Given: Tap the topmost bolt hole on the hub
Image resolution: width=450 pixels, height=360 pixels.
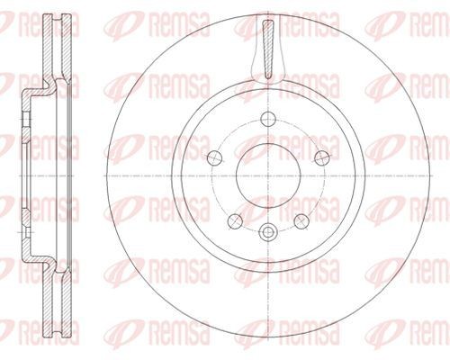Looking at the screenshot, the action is [x=268, y=119].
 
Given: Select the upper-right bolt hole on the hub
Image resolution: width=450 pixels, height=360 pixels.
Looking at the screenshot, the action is [x=322, y=157].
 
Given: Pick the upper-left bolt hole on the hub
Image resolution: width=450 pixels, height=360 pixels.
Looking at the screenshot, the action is [x=215, y=157].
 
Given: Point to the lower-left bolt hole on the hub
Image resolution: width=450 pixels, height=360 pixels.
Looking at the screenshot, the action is [x=235, y=221].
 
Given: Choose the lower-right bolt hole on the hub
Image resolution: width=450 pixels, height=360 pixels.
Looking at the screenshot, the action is [x=301, y=221].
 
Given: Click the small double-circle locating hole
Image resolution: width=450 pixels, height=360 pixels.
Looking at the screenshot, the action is [x=268, y=231].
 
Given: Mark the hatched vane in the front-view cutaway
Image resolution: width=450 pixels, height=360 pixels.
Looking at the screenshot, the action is [x=268, y=49].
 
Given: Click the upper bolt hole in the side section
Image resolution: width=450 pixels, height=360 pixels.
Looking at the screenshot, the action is [x=26, y=120].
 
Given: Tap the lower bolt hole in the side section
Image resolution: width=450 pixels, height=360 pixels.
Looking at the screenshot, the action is [x=26, y=232].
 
